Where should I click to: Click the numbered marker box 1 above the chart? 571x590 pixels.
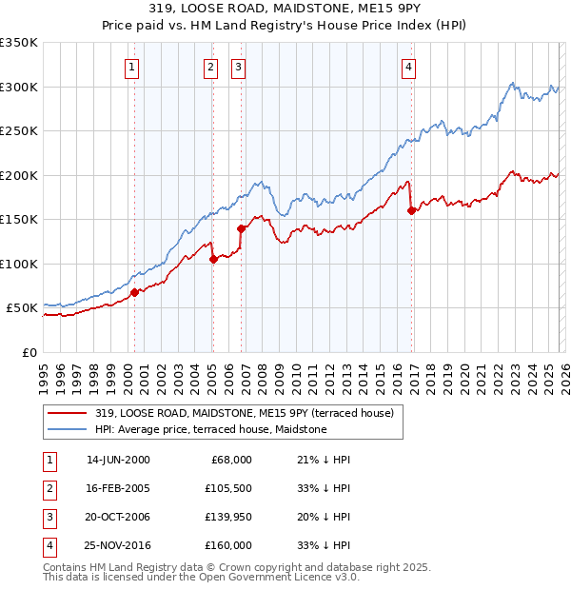click(x=130, y=67)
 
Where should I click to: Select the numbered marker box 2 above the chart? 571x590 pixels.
click(x=209, y=67)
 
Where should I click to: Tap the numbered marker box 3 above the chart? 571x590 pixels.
click(x=238, y=67)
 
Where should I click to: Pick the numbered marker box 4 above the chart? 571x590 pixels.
click(x=407, y=67)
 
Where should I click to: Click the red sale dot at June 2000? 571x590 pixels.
click(x=134, y=292)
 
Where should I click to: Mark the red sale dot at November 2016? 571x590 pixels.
click(x=411, y=211)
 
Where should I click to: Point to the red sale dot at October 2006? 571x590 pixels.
click(x=241, y=228)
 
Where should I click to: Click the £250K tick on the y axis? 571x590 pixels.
click(x=19, y=131)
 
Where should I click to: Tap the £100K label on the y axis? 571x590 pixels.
click(x=19, y=264)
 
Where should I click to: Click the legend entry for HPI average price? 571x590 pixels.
click(x=210, y=429)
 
